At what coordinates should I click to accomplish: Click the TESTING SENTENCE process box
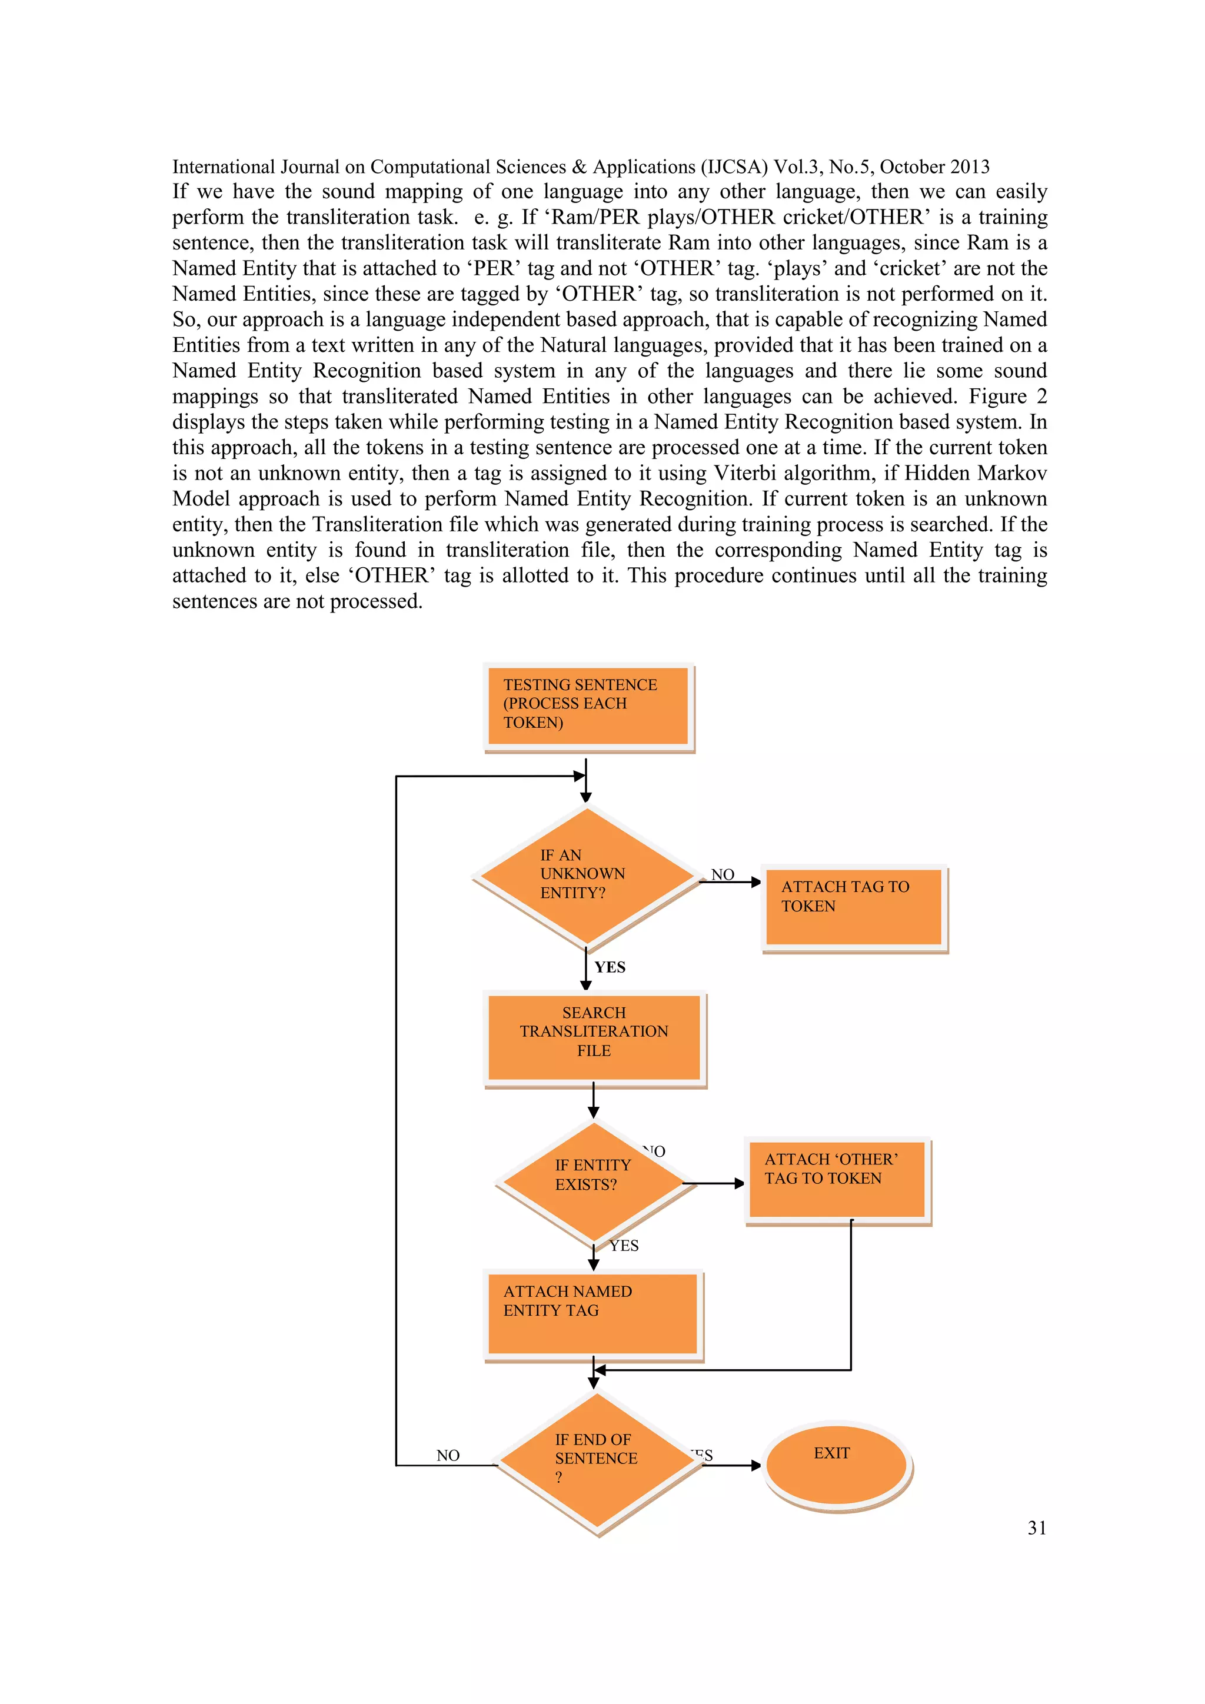(588, 705)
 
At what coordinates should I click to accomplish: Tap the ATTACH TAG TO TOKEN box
(853, 907)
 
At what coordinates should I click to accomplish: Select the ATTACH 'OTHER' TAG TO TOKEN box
(837, 1179)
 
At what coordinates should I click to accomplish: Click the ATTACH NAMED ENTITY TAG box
(592, 1314)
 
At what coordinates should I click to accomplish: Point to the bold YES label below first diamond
(610, 967)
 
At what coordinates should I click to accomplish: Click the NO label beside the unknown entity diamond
(722, 874)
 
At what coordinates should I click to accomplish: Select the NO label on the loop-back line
(447, 1455)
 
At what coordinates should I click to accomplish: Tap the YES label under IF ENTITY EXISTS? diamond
(624, 1246)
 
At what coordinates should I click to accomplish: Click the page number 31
(1037, 1527)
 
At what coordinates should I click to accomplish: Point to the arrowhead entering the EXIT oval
(755, 1466)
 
